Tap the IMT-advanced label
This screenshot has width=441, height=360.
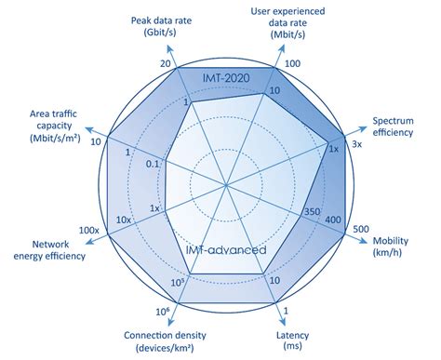(227, 250)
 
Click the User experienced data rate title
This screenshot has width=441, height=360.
(288, 23)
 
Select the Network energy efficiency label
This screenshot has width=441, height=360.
(47, 249)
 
